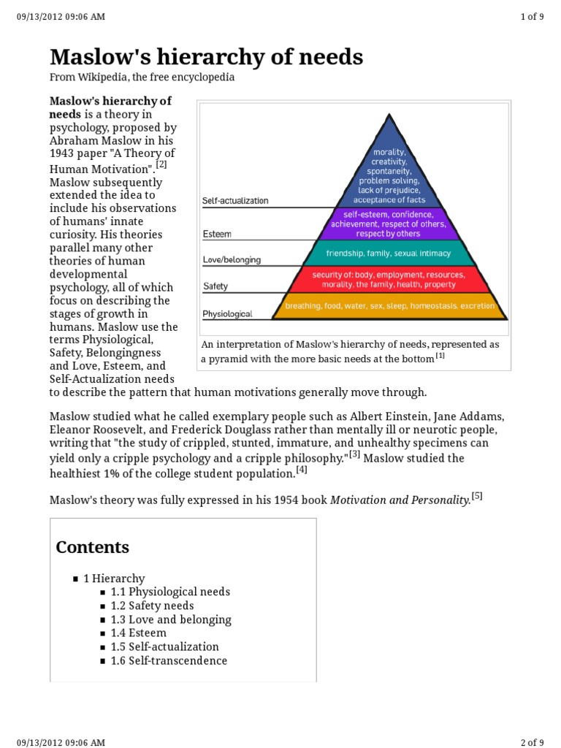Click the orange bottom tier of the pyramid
(390, 306)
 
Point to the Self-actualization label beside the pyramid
(235, 200)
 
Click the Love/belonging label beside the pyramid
(231, 259)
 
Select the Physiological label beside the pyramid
(227, 314)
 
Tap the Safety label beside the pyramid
(215, 287)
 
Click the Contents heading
(93, 547)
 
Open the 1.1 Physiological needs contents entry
(170, 592)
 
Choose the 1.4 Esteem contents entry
(139, 633)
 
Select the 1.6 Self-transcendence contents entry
(169, 660)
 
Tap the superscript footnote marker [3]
(354, 454)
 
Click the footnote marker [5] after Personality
(477, 496)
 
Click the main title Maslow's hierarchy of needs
(206, 57)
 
